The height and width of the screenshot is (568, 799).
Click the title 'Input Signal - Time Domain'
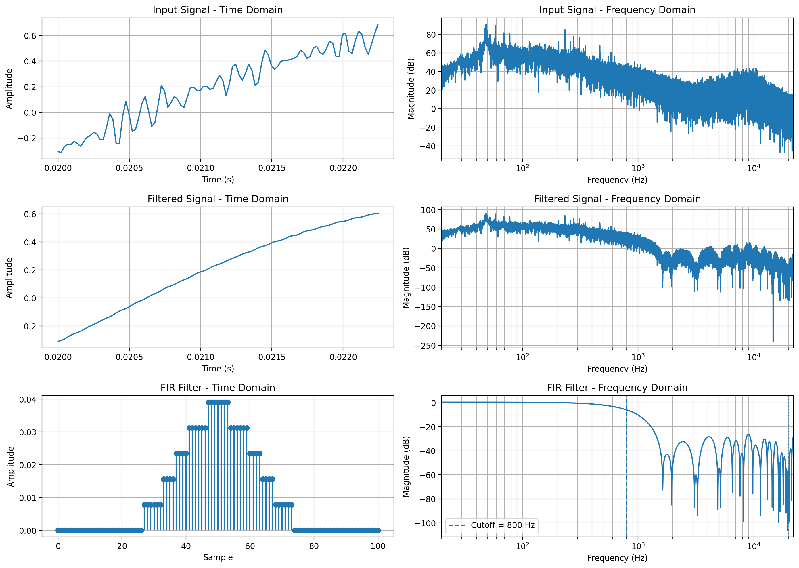217,10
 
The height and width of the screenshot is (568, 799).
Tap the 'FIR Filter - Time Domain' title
217,388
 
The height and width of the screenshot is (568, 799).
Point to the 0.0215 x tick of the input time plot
272,168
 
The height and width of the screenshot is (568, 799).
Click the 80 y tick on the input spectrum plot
431,35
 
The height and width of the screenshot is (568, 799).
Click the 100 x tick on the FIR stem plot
378,546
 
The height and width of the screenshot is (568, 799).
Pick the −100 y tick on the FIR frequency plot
426,523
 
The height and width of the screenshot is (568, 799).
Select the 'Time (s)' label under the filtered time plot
217,369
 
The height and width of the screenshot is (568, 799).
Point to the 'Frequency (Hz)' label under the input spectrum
617,180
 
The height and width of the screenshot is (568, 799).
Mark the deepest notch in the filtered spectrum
773,341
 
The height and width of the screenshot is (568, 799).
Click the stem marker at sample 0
58,530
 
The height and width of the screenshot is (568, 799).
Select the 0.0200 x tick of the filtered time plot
58,357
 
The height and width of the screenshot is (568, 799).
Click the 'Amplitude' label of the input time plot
9,89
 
